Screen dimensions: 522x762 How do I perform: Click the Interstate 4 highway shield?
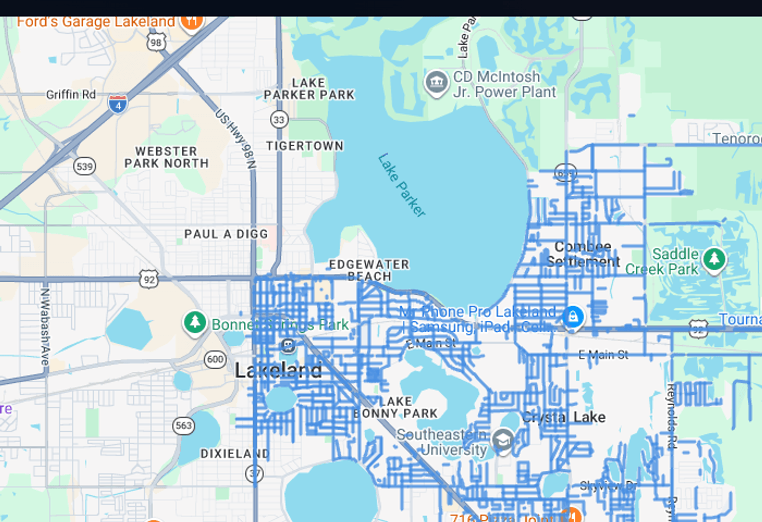coord(118,103)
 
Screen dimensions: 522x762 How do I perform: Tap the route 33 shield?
coord(279,120)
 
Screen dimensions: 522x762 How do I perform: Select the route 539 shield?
coord(84,166)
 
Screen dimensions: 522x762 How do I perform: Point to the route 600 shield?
coord(215,359)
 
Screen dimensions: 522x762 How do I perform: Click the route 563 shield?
coord(183,425)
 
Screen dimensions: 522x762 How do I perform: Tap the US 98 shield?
coord(156,42)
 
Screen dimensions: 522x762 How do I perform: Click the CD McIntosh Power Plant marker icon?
coord(436,83)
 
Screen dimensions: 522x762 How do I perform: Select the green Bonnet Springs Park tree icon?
coord(195,322)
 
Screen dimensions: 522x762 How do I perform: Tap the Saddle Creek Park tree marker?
coord(714,259)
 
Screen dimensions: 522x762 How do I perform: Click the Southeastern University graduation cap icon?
coord(503,440)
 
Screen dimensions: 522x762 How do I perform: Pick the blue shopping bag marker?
coord(573,316)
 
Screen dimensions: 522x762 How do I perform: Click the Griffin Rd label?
coord(71,95)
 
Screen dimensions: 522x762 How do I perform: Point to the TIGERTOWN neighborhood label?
coord(305,146)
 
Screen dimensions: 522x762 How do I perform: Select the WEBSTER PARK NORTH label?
coord(167,157)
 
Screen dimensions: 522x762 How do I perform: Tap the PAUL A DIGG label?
coord(226,234)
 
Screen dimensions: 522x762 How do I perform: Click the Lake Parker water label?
coord(402,185)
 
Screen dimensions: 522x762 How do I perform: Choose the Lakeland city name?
coord(278,370)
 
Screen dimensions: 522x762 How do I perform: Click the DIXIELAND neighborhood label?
coord(235,453)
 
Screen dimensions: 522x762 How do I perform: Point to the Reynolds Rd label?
coord(671,416)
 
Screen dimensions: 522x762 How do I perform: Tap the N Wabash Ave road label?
coord(45,326)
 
